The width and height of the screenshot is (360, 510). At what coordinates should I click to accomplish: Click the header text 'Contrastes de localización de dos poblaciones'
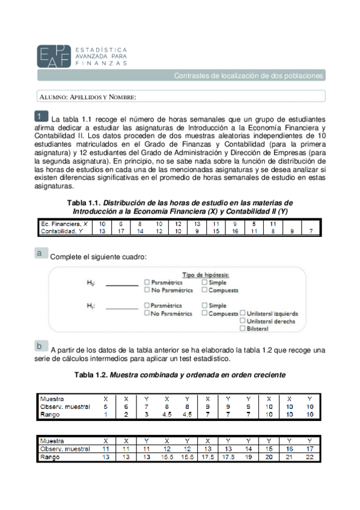(x=248, y=76)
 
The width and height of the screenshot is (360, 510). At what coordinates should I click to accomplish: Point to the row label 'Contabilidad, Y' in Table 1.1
(x=60, y=230)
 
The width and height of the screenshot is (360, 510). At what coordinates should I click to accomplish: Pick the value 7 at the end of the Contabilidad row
(x=311, y=230)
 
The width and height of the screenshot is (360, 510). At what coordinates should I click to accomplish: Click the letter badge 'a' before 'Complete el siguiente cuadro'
(x=40, y=254)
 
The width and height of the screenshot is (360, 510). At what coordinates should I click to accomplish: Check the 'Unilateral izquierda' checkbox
(x=242, y=313)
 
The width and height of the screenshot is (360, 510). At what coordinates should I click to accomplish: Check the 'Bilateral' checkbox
(x=242, y=328)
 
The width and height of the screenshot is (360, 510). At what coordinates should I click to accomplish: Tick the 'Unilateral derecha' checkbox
(x=242, y=321)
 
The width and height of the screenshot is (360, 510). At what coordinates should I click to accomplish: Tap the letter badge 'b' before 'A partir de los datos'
(x=40, y=346)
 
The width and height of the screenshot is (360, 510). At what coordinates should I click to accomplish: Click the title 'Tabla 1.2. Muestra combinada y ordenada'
(x=180, y=375)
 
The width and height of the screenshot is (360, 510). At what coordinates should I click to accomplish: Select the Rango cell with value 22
(x=310, y=457)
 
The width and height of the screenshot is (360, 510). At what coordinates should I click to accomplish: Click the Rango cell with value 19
(x=248, y=457)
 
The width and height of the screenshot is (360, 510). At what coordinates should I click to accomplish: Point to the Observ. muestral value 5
(x=106, y=407)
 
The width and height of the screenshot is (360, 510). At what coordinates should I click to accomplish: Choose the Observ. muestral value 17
(x=310, y=449)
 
